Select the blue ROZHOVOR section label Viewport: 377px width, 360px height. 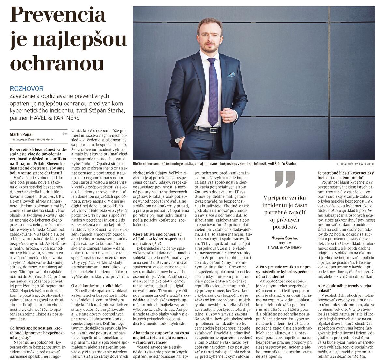[26, 89]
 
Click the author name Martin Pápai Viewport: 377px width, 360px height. [21, 134]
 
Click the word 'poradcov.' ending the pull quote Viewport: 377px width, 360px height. [280, 227]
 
